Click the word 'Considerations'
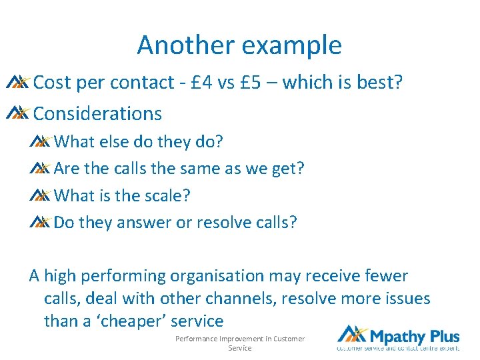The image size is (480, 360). tap(97, 113)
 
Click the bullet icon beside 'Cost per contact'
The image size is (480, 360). tap(17, 82)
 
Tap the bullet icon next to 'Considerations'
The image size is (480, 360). tap(17, 113)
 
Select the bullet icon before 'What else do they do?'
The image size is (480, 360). tap(40, 141)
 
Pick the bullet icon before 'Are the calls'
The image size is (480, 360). tap(40, 168)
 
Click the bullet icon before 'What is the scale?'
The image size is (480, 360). tap(40, 195)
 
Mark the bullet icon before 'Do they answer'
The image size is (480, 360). tap(40, 222)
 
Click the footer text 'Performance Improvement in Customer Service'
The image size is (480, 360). tap(240, 343)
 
